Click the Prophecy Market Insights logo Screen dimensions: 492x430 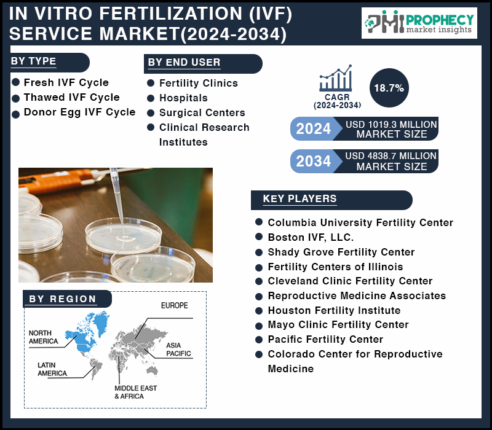coord(419,23)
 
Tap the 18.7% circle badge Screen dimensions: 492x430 coord(389,88)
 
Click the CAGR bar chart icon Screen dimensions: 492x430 coord(336,78)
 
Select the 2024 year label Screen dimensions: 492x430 coord(314,128)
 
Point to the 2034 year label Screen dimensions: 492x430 coord(314,161)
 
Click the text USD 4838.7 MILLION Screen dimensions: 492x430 coord(391,156)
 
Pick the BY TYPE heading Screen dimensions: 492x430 coord(34,61)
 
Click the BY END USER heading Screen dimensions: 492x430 coord(184,63)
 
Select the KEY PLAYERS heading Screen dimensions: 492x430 coord(300,198)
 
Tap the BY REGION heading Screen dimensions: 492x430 coord(63,299)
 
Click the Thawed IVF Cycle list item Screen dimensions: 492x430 coord(72,97)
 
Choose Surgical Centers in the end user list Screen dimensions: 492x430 coord(202,112)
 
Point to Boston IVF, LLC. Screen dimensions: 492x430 coord(311,237)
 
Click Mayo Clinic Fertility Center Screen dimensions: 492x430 coord(338,324)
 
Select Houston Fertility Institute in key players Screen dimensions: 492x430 coord(334,310)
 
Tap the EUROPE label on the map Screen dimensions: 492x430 coord(175,305)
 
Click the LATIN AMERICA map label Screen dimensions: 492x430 coord(52,369)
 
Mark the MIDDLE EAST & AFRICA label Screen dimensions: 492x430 coord(135,392)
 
